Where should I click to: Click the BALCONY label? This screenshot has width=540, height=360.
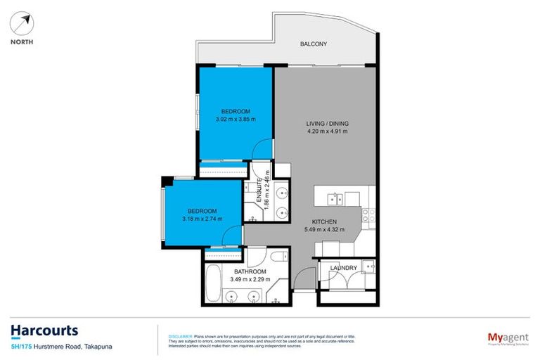click(x=314, y=44)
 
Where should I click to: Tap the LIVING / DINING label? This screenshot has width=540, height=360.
click(x=327, y=124)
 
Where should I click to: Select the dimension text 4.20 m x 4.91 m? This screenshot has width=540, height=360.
click(x=327, y=131)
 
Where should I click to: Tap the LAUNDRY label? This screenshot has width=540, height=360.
click(x=342, y=268)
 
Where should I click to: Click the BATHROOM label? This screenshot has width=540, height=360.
click(x=250, y=271)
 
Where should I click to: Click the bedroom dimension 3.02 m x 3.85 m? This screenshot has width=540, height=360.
click(x=236, y=120)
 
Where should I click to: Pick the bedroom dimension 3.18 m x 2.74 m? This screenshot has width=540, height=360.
click(x=201, y=219)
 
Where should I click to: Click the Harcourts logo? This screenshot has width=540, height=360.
click(x=44, y=330)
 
